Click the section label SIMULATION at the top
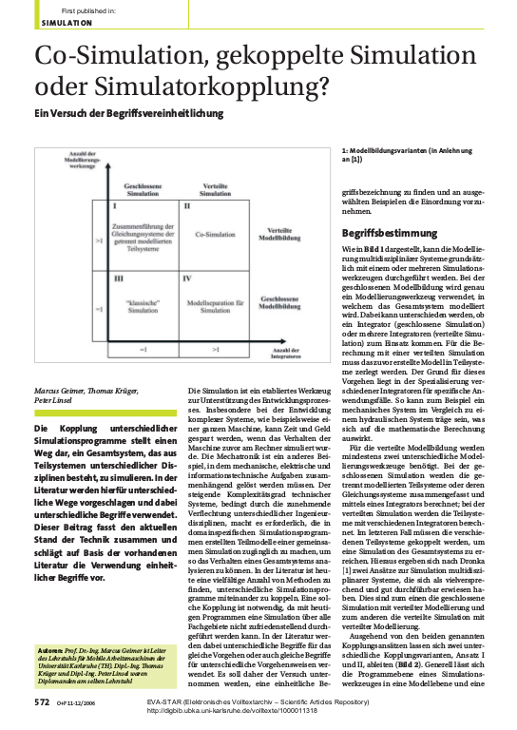tap(67, 22)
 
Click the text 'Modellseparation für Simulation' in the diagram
tap(215, 307)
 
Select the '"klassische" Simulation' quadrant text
tap(141, 307)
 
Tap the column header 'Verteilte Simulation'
tap(215, 189)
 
